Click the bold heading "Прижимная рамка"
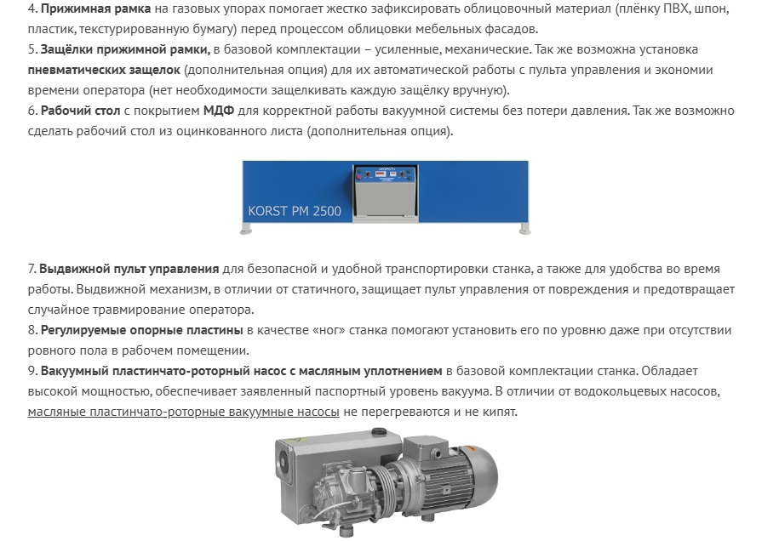click(x=95, y=9)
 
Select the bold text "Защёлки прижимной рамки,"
click(x=125, y=49)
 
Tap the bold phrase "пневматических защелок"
click(x=104, y=70)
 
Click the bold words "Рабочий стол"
click(x=81, y=111)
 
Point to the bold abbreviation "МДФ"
click(x=219, y=111)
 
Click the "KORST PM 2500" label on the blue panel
click(x=295, y=211)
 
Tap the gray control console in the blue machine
click(x=386, y=192)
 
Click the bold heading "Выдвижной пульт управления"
click(x=129, y=269)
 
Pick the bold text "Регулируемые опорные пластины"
click(x=141, y=331)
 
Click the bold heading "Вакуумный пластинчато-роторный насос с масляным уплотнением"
click(x=242, y=371)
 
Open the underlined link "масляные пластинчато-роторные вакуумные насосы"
click(x=184, y=412)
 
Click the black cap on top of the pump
click(x=380, y=431)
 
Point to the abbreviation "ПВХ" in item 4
click(x=676, y=9)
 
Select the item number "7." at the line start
click(x=32, y=269)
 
